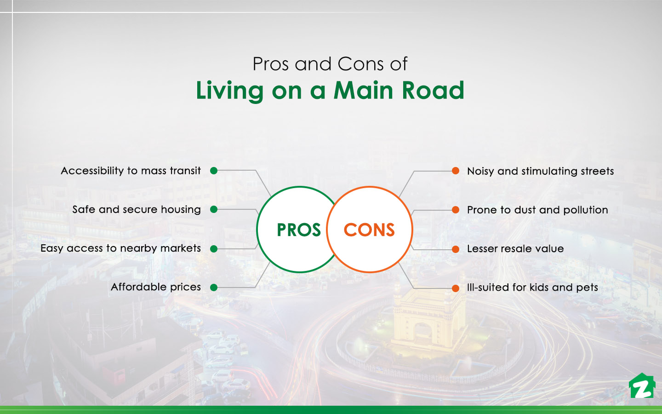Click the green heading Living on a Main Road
[x=330, y=91]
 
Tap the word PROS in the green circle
[x=298, y=230]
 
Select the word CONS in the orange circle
[x=369, y=230]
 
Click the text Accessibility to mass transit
[x=131, y=171]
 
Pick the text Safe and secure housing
[x=137, y=210]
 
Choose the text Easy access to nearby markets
[x=120, y=248]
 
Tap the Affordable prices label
[x=156, y=287]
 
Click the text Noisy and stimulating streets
[x=540, y=171]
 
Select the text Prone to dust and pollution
[x=537, y=210]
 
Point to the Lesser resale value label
[x=515, y=249]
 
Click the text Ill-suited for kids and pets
[x=532, y=287]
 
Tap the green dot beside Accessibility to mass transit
[x=214, y=171]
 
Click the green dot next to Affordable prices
[x=214, y=287]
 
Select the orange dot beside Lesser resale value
[x=456, y=249]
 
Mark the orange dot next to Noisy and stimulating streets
[x=456, y=171]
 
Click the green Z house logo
[x=642, y=386]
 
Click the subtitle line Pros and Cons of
[x=330, y=64]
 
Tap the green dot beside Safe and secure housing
[x=214, y=209]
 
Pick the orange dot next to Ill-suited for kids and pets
[x=456, y=288]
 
